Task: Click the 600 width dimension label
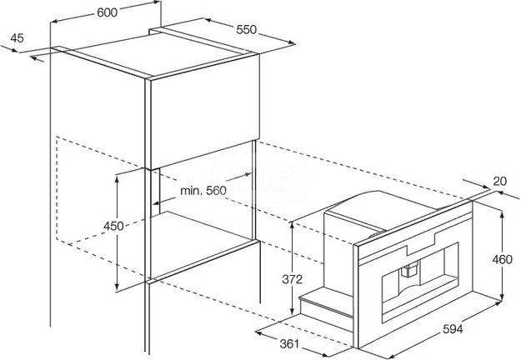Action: tap(107, 12)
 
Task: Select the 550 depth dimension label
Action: tap(247, 30)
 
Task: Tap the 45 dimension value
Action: tap(17, 38)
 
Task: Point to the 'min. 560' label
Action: tap(203, 191)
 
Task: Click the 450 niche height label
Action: tap(113, 226)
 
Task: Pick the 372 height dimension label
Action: tap(293, 279)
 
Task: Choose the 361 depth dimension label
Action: tap(289, 344)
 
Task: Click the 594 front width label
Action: tap(453, 329)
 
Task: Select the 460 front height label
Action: tap(502, 259)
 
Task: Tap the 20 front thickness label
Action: tap(499, 181)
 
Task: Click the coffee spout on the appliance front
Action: tap(409, 268)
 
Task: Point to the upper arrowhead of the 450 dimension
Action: tap(117, 180)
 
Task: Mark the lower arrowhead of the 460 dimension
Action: tap(502, 296)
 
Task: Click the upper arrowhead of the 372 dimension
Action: tap(292, 227)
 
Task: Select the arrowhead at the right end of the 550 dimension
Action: tap(292, 42)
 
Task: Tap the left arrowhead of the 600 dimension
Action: tap(54, 22)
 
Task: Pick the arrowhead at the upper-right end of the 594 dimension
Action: tap(497, 303)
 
